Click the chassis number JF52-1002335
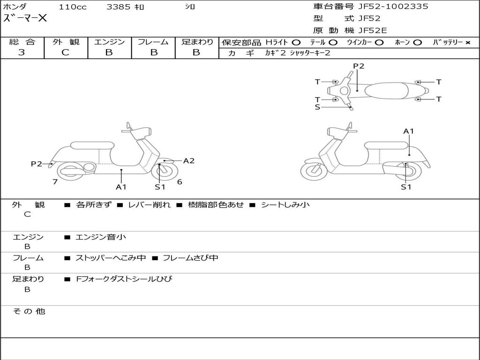[393, 7]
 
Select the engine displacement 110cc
[73, 7]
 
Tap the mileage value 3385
[118, 7]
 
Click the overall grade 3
[22, 52]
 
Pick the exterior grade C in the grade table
[65, 52]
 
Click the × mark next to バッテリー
[468, 43]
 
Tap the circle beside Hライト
[296, 43]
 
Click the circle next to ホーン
[417, 43]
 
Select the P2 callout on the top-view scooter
[359, 66]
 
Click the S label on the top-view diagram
[317, 107]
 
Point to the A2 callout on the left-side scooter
[188, 161]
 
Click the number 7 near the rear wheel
[55, 182]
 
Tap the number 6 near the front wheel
[180, 182]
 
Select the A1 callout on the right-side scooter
[408, 131]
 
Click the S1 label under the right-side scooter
[406, 187]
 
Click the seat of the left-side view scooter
[92, 145]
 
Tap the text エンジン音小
[100, 237]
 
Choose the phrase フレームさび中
[190, 258]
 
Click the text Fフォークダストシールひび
[124, 279]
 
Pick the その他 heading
[29, 311]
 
